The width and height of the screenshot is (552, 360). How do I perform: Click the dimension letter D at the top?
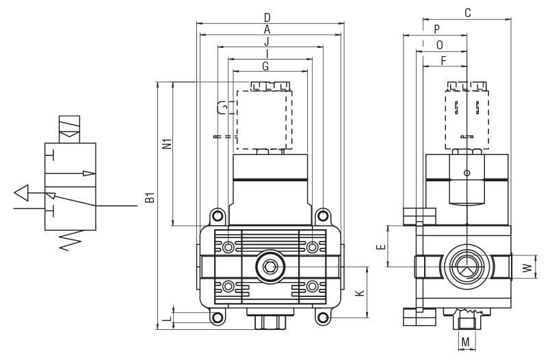click(x=267, y=17)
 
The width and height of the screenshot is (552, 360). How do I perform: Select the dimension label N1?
click(x=168, y=143)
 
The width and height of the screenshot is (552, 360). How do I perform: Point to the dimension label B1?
click(x=150, y=198)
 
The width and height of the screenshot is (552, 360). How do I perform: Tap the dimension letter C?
click(x=467, y=13)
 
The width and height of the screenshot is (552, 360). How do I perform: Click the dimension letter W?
click(x=527, y=268)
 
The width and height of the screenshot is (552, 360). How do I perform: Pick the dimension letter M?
click(x=465, y=342)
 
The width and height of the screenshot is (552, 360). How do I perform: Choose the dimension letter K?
click(x=360, y=293)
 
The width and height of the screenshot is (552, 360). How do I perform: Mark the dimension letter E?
click(x=381, y=246)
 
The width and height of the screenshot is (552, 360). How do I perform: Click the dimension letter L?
click(x=168, y=319)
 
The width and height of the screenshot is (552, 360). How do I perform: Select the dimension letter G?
click(x=266, y=66)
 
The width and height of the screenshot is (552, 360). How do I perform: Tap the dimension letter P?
click(x=437, y=29)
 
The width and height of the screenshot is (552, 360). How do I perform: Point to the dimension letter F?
click(x=443, y=61)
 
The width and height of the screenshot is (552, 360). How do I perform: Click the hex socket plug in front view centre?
click(x=270, y=268)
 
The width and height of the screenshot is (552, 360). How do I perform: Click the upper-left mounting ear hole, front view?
click(x=218, y=215)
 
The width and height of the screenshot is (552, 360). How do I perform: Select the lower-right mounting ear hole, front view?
click(x=323, y=318)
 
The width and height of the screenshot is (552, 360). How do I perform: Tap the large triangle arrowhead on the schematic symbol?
click(x=21, y=193)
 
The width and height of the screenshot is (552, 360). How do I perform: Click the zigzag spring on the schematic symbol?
click(x=70, y=240)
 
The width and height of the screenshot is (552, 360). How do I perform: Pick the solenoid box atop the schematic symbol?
click(x=69, y=129)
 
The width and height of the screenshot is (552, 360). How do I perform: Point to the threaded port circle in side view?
click(x=466, y=268)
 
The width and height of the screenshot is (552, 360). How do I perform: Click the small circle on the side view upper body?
click(x=466, y=172)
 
